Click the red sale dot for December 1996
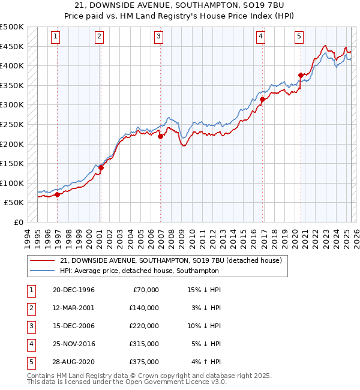57,194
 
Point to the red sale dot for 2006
160,136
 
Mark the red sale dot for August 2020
301,76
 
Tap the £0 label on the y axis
18,222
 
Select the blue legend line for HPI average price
41,271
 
